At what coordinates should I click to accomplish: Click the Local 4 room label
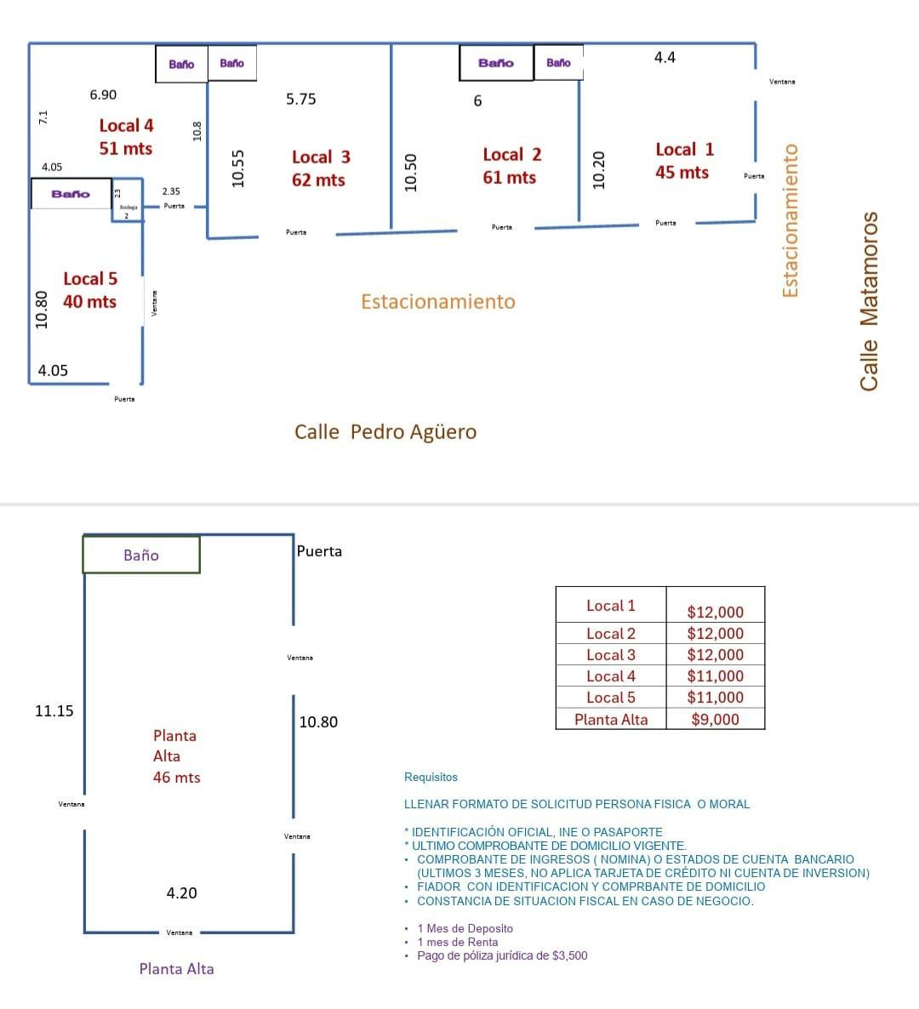[x=126, y=126]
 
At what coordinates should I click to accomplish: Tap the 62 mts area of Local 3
[x=318, y=180]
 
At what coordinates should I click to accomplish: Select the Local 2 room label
[x=511, y=155]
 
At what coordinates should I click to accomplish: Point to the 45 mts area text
[x=682, y=173]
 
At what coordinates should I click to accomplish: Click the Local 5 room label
[x=90, y=279]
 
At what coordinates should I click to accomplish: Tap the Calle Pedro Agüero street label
[x=385, y=432]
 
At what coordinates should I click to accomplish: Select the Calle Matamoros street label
[x=869, y=301]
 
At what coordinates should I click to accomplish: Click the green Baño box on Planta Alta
[x=141, y=555]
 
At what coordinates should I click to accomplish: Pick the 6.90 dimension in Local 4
[x=103, y=95]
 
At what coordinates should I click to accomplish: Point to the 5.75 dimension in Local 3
[x=301, y=100]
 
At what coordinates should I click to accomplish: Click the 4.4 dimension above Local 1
[x=665, y=58]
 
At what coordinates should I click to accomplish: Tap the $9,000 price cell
[x=715, y=720]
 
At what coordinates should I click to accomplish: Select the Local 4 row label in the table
[x=611, y=676]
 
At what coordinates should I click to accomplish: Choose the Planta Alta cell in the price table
[x=611, y=720]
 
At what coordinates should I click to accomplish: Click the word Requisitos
[x=431, y=778]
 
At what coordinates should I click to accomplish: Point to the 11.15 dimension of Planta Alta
[x=54, y=711]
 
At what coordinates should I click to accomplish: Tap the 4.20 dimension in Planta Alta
[x=181, y=893]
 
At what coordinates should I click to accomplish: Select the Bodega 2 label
[x=127, y=211]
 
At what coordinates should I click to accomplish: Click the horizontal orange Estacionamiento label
[x=438, y=302]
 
